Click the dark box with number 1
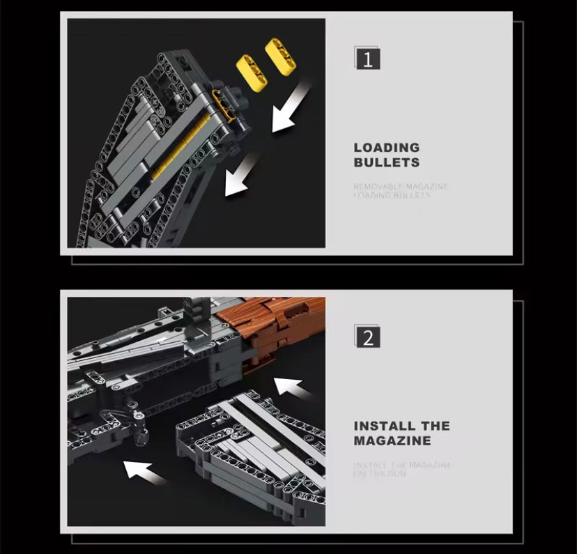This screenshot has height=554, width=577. click(367, 59)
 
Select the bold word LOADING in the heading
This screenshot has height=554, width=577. click(387, 148)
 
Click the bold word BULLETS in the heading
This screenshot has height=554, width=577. click(387, 163)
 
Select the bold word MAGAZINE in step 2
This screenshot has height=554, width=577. click(392, 441)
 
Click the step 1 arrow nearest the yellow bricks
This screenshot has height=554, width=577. click(290, 107)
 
